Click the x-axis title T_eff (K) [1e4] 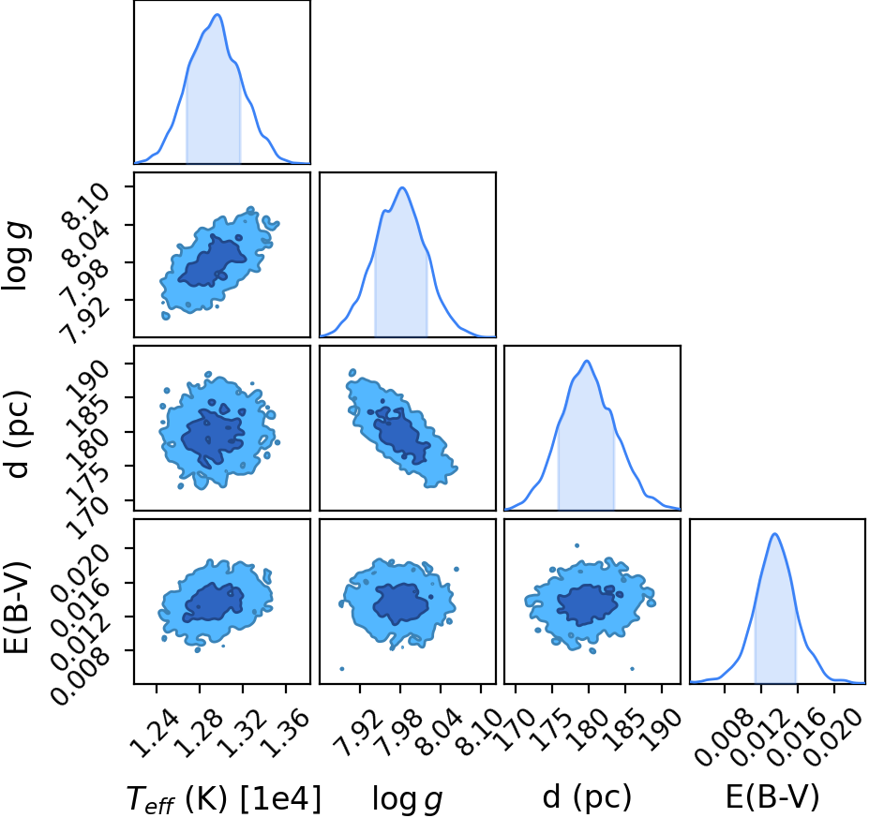(224, 799)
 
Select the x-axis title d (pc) (587, 796)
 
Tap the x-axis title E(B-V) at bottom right (772, 796)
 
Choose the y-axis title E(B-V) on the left (17, 607)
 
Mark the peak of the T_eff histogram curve (217, 14)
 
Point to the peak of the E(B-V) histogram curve (774, 534)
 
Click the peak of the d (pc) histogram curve (587, 361)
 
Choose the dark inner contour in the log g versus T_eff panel (212, 261)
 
